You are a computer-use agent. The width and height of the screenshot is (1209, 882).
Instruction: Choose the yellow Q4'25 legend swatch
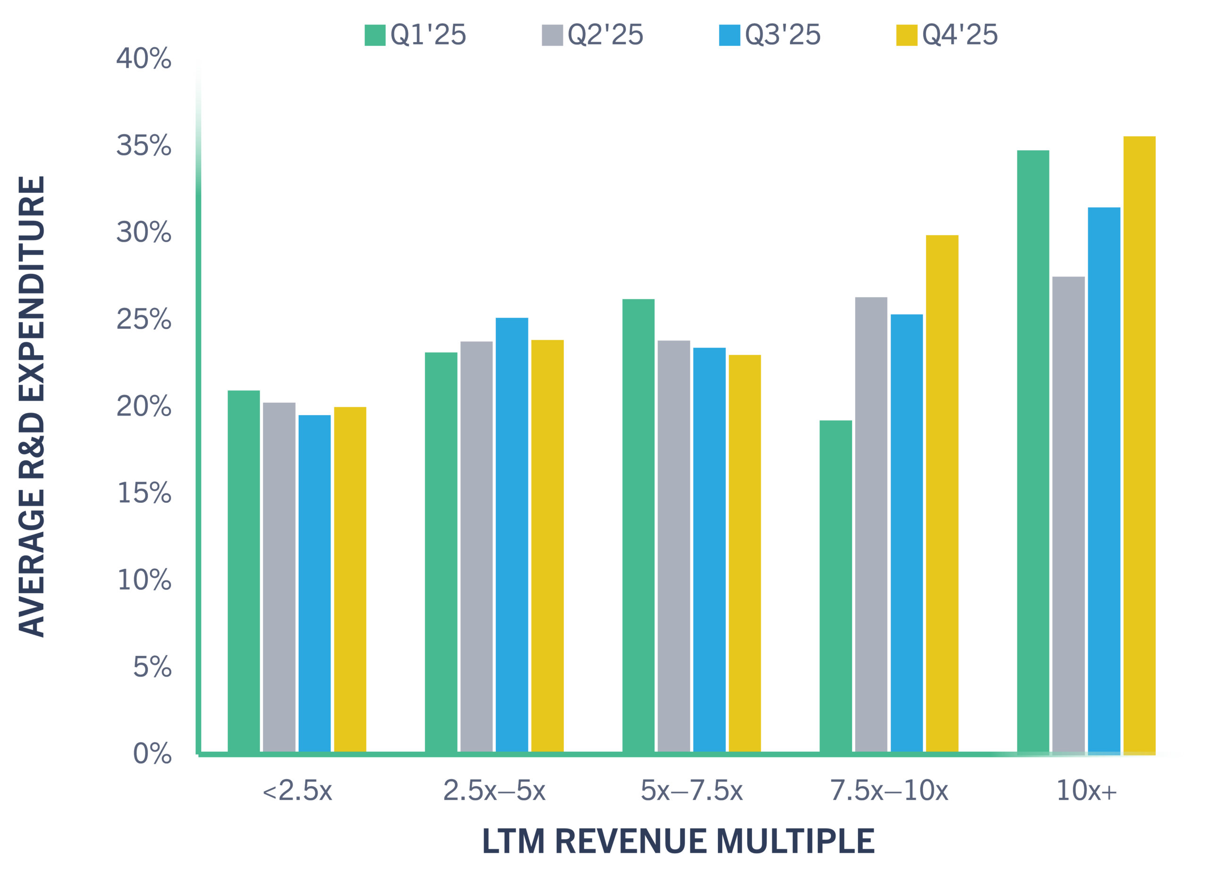pos(906,35)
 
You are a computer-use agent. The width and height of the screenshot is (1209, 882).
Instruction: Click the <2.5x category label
pos(298,791)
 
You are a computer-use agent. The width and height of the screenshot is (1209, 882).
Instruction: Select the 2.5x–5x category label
pos(494,791)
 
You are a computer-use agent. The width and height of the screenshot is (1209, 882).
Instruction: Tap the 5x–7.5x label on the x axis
pos(691,791)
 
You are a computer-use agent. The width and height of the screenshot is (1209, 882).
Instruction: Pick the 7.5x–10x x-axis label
pos(889,791)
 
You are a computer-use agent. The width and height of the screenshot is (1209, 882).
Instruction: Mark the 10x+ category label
pos(1086,791)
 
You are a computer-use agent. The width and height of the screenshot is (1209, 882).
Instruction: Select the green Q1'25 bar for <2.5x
pos(244,571)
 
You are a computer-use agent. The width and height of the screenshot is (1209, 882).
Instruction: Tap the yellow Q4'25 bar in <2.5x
pos(350,579)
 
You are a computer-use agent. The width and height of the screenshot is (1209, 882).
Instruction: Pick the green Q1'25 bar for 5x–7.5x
pos(638,526)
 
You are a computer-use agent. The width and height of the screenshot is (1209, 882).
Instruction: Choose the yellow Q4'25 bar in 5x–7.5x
pos(745,553)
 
